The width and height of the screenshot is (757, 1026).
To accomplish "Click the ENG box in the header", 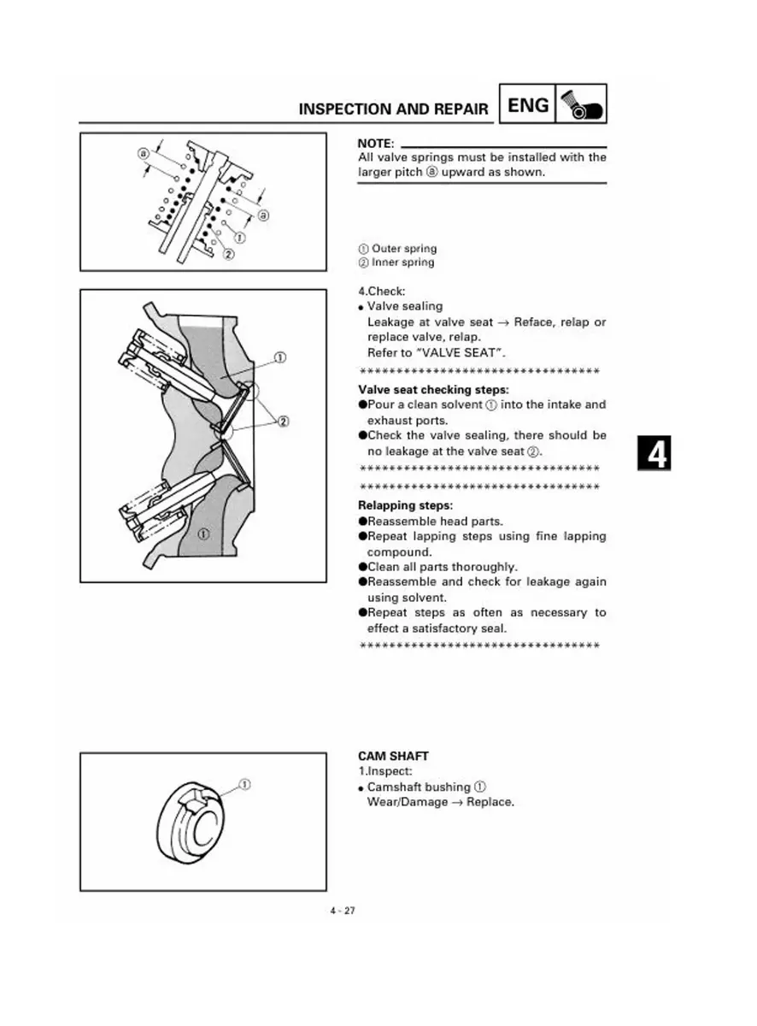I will click(x=528, y=104).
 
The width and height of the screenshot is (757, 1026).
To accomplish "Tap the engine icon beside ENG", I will click(x=582, y=104).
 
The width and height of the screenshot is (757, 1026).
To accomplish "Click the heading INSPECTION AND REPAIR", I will click(x=393, y=109).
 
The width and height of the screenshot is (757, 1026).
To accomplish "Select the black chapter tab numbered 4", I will click(x=654, y=453).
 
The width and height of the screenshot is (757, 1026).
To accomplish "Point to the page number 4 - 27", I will click(x=343, y=911).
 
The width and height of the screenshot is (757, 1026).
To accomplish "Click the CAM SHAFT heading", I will click(x=393, y=757).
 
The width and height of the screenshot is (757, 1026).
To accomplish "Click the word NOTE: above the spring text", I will click(x=376, y=143).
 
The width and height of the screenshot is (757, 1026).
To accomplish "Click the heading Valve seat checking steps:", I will click(x=433, y=390).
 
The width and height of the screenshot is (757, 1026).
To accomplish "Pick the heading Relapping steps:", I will click(x=405, y=505).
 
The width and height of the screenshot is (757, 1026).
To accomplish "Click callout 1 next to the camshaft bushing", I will click(x=245, y=783).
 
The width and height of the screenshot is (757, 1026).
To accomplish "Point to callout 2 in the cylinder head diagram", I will click(x=284, y=420).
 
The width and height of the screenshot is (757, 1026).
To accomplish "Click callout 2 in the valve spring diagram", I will click(x=228, y=253).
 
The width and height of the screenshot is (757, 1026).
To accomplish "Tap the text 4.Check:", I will click(x=381, y=291).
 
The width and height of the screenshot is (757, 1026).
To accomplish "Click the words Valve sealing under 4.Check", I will click(x=405, y=306).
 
